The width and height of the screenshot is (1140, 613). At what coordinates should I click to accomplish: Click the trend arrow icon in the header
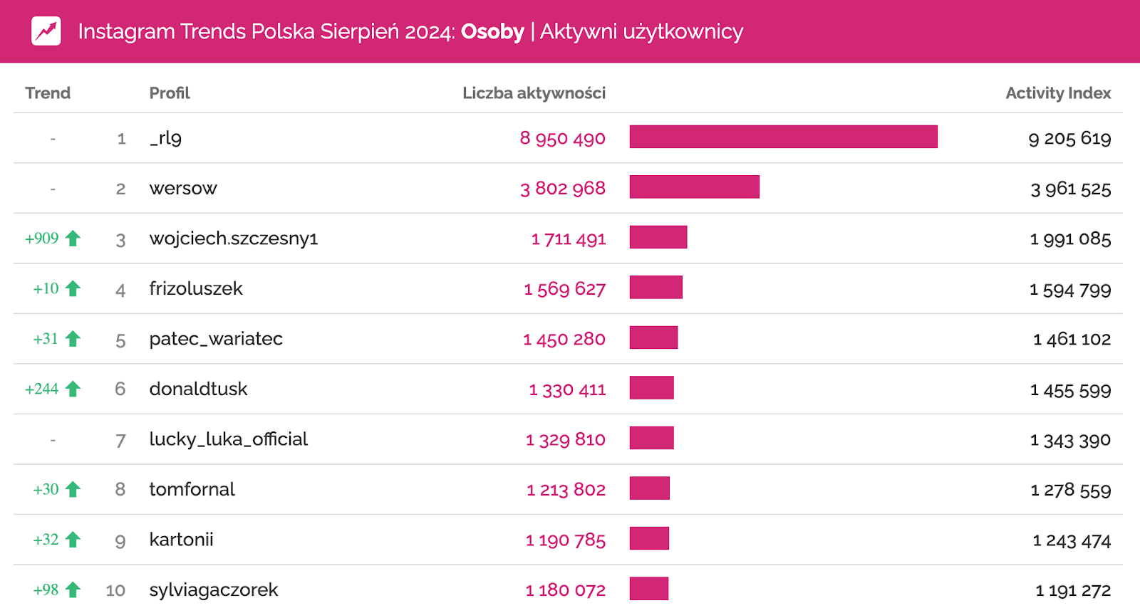46,31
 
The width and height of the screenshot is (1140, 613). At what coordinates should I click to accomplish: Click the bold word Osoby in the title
492,31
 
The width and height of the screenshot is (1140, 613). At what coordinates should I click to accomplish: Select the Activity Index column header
1058,93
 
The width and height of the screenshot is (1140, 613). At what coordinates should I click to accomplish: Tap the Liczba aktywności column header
534,93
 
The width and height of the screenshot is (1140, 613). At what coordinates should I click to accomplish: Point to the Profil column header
170,93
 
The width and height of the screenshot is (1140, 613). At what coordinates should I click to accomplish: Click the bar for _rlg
783,137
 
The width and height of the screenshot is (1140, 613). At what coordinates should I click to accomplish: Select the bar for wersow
694,187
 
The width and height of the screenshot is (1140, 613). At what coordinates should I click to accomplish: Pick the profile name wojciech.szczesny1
234,239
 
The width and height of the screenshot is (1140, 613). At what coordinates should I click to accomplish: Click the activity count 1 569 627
564,289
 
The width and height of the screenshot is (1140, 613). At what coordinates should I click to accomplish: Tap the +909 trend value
42,239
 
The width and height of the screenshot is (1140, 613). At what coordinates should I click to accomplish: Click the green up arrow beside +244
73,389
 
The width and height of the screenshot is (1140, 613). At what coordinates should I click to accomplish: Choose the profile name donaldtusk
198,389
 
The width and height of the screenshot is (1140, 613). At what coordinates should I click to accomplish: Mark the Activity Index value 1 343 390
1070,440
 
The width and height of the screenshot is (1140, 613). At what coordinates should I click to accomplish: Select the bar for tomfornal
649,488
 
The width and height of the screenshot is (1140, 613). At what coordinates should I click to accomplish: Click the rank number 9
120,540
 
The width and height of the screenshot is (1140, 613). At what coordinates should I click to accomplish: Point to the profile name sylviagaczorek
214,590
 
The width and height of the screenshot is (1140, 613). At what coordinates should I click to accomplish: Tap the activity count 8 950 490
562,138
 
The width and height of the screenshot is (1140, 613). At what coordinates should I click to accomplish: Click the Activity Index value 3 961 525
1070,189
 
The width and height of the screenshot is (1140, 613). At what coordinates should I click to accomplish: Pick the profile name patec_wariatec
216,339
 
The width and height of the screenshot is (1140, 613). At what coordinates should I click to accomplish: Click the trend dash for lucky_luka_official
53,440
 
